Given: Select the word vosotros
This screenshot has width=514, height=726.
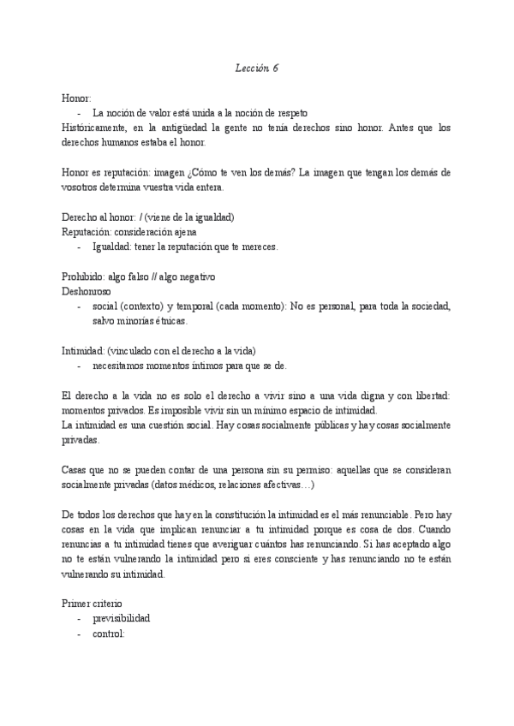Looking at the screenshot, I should [x=82, y=187].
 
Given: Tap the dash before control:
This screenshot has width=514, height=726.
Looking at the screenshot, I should [x=80, y=634].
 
